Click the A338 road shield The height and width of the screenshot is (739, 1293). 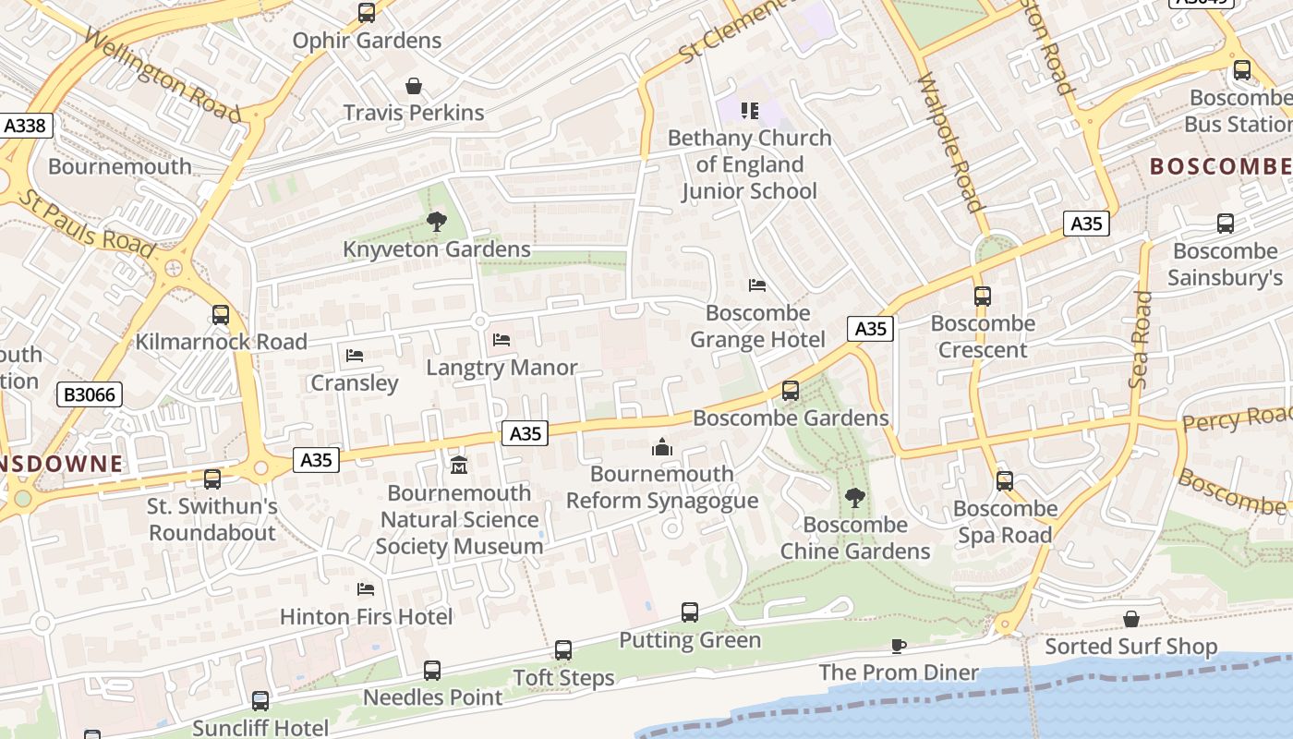[26, 126]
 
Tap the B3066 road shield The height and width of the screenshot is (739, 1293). [90, 395]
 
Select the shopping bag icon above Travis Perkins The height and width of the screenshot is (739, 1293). [414, 86]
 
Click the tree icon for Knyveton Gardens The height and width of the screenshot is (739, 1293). [436, 222]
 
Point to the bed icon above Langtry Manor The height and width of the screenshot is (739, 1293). [501, 340]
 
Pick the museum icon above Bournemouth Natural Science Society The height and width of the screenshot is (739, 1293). [459, 465]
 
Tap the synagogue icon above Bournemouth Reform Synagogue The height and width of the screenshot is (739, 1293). [661, 448]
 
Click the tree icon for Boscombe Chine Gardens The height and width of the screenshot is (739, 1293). [855, 498]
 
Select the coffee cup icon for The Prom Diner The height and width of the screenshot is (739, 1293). [898, 646]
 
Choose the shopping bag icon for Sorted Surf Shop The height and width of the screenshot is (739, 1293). [1130, 619]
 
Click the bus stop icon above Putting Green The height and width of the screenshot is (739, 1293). [690, 612]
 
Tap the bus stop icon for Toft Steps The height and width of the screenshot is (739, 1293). [563, 650]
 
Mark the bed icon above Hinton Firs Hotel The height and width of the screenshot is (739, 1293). [366, 589]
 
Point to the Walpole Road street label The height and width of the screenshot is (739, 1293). [950, 143]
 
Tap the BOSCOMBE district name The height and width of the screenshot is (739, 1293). [1219, 166]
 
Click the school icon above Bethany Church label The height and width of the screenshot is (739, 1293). [750, 111]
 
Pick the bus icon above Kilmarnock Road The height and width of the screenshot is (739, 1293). [220, 315]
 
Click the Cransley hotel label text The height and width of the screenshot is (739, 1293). [355, 382]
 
